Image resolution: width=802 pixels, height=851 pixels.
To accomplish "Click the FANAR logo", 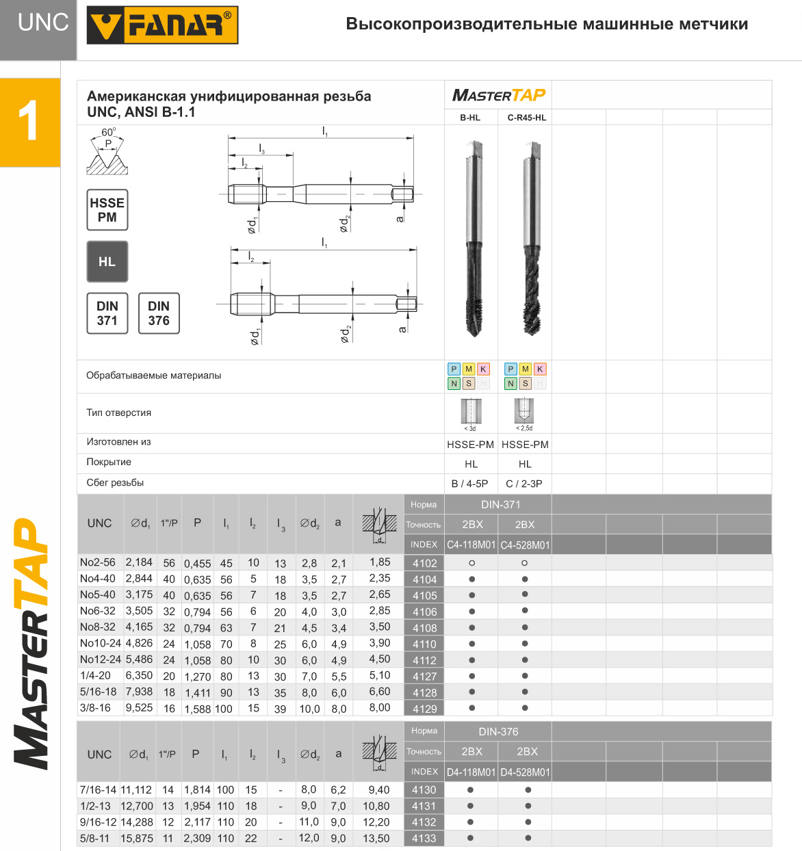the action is point(162,25).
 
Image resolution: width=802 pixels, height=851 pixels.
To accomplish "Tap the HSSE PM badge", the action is point(107,210).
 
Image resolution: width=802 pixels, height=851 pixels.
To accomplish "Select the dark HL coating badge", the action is point(107,261).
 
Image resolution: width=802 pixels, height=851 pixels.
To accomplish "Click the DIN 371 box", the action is point(107,313).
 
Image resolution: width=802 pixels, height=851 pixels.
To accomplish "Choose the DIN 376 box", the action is point(159,313).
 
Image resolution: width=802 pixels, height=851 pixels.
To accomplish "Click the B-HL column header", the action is point(470,118).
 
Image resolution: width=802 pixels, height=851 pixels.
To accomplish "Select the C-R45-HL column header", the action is point(527,118).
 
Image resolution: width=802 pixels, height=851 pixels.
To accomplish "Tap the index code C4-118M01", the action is point(471,545).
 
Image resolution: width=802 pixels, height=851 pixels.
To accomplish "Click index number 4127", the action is point(424,676).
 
